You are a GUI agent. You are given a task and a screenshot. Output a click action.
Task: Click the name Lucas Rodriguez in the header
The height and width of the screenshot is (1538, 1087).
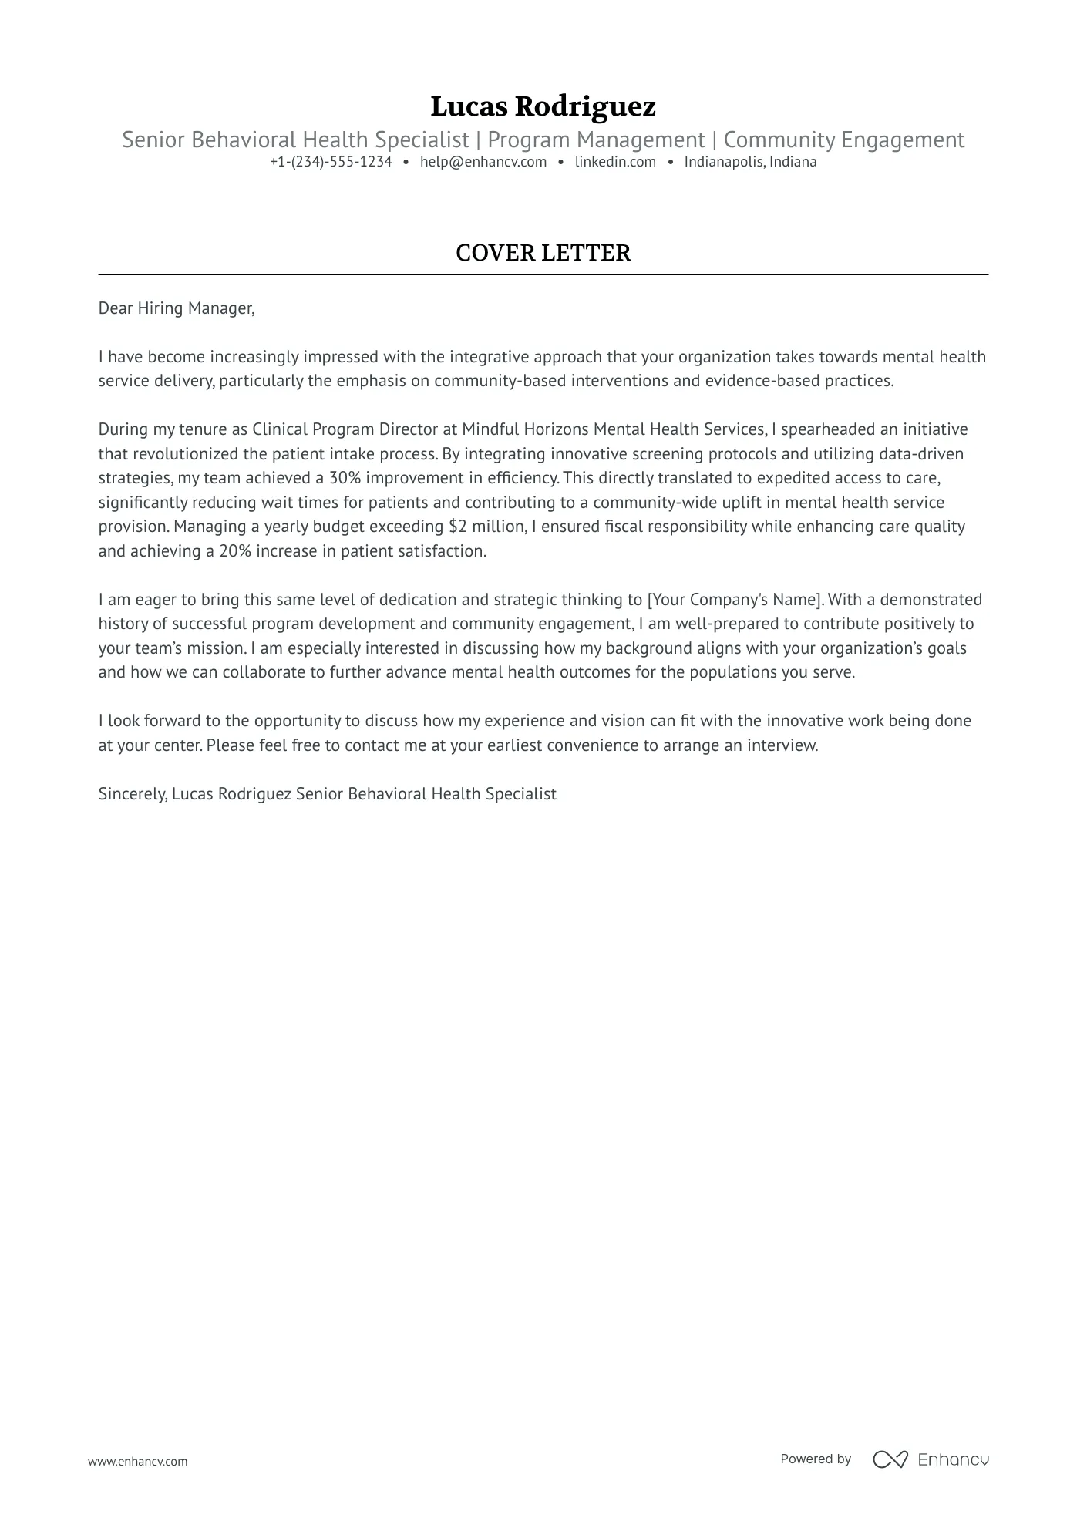543,106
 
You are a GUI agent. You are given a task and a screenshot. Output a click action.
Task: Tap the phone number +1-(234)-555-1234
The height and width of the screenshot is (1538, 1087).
331,162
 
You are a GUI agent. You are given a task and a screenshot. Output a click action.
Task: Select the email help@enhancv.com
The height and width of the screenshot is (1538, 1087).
483,162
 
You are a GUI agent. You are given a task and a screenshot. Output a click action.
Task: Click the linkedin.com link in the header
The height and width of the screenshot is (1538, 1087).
615,162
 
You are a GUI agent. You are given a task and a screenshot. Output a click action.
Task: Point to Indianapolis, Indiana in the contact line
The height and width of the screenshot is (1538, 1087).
750,162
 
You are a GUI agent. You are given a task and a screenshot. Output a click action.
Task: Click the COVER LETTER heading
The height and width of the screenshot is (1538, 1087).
543,253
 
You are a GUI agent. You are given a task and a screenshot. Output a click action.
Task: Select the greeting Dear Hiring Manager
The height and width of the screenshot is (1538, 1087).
176,308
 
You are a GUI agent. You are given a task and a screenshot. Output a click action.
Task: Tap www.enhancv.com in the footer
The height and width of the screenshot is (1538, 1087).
137,1461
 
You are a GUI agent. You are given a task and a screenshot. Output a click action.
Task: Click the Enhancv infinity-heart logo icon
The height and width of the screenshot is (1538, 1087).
890,1459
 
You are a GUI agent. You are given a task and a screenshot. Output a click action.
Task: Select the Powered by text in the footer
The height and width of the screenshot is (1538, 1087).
816,1459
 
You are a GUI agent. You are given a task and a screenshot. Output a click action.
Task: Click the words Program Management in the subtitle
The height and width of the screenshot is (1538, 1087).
596,140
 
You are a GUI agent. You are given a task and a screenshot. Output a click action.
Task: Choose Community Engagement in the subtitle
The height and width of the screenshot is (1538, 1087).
843,140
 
